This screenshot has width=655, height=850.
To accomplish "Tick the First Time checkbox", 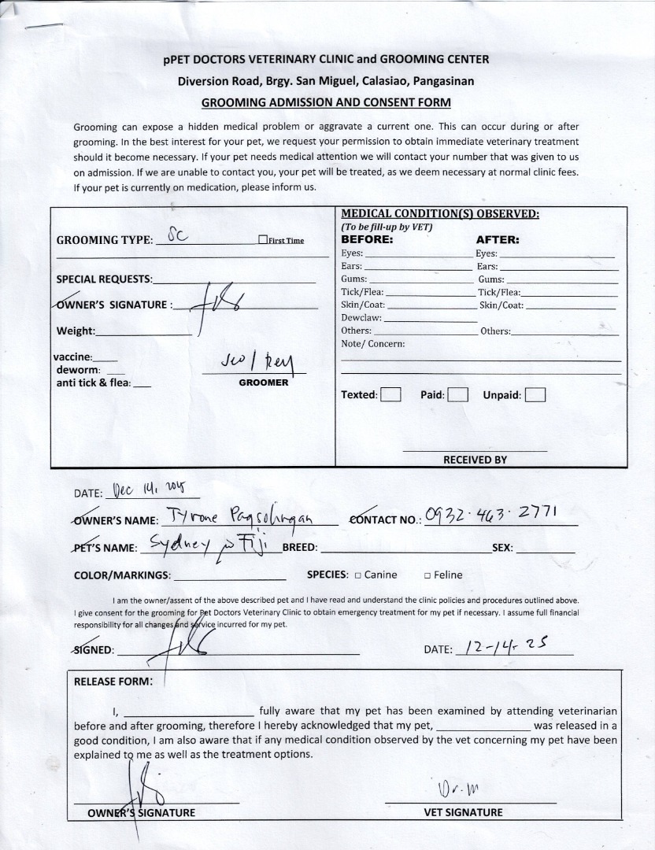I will click(263, 241).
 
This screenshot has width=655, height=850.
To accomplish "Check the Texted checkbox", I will click(390, 395).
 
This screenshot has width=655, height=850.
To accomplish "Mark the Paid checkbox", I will click(458, 395).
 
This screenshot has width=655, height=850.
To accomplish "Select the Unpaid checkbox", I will click(535, 395).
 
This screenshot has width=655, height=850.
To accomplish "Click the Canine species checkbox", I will click(357, 575).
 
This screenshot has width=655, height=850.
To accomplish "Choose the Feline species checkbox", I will click(427, 575).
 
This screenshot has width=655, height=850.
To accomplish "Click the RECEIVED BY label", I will click(475, 460).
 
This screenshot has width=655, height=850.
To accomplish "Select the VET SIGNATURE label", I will click(463, 812).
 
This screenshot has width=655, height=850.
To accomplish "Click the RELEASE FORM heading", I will click(113, 682).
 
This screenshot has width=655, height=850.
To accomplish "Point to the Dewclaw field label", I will click(361, 318).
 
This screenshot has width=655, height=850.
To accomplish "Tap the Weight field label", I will click(76, 331).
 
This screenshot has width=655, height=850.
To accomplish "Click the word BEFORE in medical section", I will click(366, 239).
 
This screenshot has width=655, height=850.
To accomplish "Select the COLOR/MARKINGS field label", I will click(122, 575).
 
